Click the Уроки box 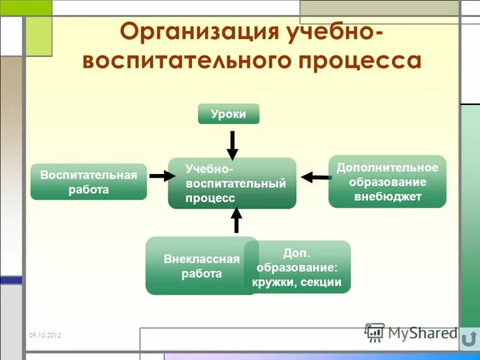coord(229,114)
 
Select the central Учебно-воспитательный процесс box coord(232,184)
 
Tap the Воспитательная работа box coord(89,182)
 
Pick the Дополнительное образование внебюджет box coord(387,182)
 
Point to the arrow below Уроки coord(232,145)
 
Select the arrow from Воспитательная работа coord(161,176)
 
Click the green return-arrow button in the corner coord(470,339)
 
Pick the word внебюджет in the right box coord(388,196)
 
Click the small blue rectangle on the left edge coord(11,280)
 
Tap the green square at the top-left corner coord(38,36)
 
